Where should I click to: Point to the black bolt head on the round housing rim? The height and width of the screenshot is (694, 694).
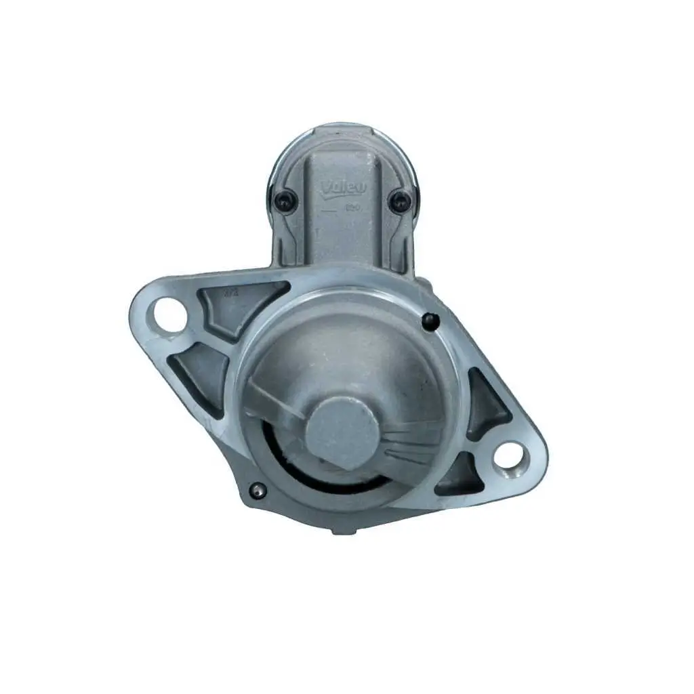coord(428,321)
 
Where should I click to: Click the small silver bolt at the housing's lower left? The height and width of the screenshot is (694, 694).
coord(256,489)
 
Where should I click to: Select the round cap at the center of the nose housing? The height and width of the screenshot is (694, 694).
coord(341,432)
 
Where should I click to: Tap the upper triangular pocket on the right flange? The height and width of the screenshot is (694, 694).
coord(485,403)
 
